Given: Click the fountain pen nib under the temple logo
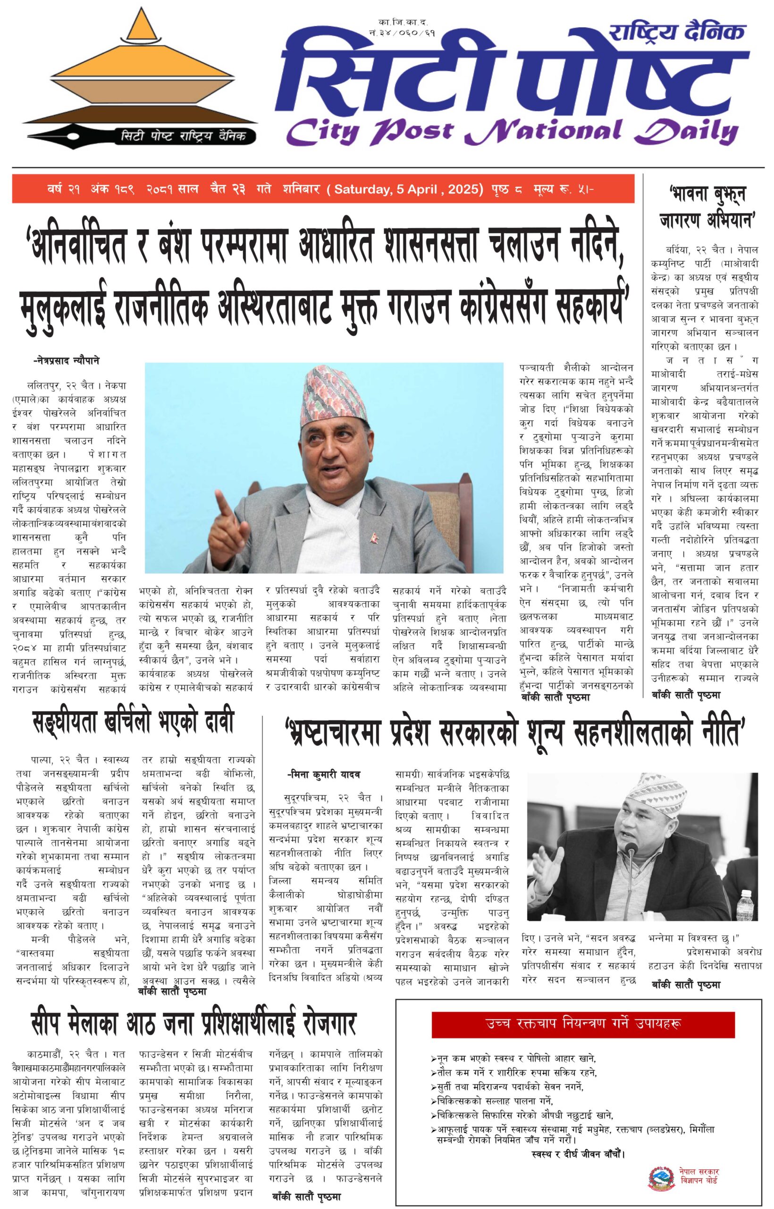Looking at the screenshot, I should tap(70, 136).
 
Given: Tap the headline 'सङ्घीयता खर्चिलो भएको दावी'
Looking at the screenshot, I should tap(133, 723).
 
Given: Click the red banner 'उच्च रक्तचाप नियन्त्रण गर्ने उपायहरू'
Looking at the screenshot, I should tap(583, 1023).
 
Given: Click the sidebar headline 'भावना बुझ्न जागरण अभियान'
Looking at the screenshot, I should tap(707, 207).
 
